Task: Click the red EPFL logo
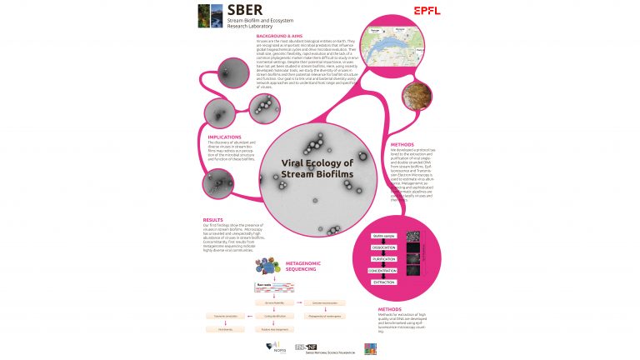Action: click(x=427, y=11)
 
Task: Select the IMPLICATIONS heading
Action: click(x=224, y=137)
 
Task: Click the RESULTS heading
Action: click(x=212, y=220)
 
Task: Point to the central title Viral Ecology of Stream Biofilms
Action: click(x=317, y=168)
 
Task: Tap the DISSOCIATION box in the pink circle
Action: click(x=383, y=247)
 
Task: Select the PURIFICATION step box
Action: click(x=383, y=259)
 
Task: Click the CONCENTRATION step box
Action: click(x=383, y=271)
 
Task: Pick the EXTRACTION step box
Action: click(x=383, y=282)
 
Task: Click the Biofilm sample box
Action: click(x=383, y=236)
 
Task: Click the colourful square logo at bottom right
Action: click(x=370, y=346)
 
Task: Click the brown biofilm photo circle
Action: click(x=416, y=98)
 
